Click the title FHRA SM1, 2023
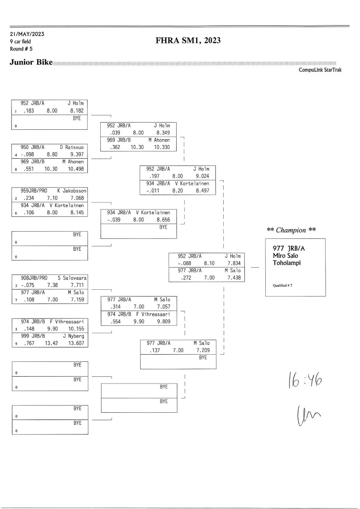(x=188, y=41)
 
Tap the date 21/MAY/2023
(x=27, y=34)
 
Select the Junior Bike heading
(x=31, y=63)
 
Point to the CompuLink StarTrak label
(x=320, y=70)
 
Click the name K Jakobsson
(x=72, y=191)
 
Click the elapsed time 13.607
(x=77, y=344)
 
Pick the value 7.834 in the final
(x=234, y=263)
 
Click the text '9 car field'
(x=20, y=42)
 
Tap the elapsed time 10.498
(x=76, y=169)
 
